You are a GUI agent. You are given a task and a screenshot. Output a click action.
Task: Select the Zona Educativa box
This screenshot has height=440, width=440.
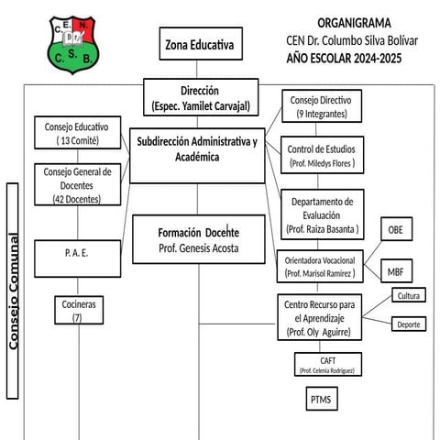[x=198, y=45]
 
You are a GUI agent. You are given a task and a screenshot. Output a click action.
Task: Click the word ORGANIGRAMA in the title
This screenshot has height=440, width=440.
[x=353, y=22]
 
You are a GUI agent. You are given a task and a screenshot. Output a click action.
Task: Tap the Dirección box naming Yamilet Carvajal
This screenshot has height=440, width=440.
[x=199, y=98]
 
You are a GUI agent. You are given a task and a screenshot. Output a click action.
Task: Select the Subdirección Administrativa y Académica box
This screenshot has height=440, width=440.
[x=197, y=149]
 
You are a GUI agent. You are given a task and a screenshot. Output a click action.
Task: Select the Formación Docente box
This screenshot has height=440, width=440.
[x=198, y=239]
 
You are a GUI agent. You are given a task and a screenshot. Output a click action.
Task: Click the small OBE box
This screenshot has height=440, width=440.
[x=395, y=229]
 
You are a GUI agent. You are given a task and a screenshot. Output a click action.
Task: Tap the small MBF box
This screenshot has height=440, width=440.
[x=395, y=271]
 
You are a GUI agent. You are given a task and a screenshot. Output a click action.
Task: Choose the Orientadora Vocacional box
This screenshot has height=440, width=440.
[x=319, y=266]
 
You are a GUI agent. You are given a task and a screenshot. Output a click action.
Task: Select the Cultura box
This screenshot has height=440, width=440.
[x=408, y=295]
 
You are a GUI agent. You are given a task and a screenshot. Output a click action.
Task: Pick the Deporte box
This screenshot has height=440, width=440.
[x=408, y=324]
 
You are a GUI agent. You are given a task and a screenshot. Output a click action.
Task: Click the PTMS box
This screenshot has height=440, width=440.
[x=322, y=400]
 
